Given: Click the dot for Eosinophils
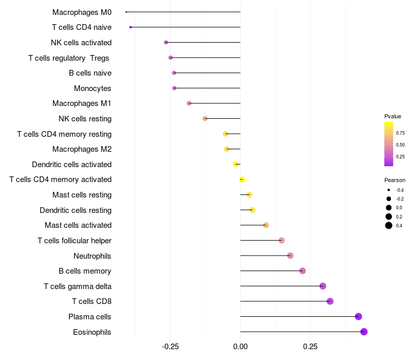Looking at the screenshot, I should pos(364,332).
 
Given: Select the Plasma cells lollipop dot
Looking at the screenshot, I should pos(359,317).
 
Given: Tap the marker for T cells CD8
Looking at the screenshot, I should pos(330,301).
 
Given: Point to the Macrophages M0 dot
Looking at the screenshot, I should pos(126,12).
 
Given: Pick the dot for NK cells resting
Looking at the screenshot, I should pos(205,119).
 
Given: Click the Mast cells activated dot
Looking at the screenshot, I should pos(266,225).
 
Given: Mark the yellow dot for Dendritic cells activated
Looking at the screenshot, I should pos(236,165).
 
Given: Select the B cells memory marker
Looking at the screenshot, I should pos(303,271).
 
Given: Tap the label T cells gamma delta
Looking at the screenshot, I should pos(78,286).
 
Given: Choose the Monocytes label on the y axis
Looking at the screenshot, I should pos(92,88).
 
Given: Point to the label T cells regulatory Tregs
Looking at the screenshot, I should pos(69,58).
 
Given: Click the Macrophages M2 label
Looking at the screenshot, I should pos(82,149).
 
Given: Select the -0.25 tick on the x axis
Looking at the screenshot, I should pos(171,347).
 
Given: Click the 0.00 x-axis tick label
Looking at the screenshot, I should pos(240,347).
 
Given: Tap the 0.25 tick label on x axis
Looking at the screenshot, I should pos(310,347).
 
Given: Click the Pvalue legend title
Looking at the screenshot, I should pos(393,116).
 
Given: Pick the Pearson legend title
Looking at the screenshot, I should pos(395,181).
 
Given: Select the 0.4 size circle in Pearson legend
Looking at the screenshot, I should pos(389,225).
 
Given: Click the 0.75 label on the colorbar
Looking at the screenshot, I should pos(400,133).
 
